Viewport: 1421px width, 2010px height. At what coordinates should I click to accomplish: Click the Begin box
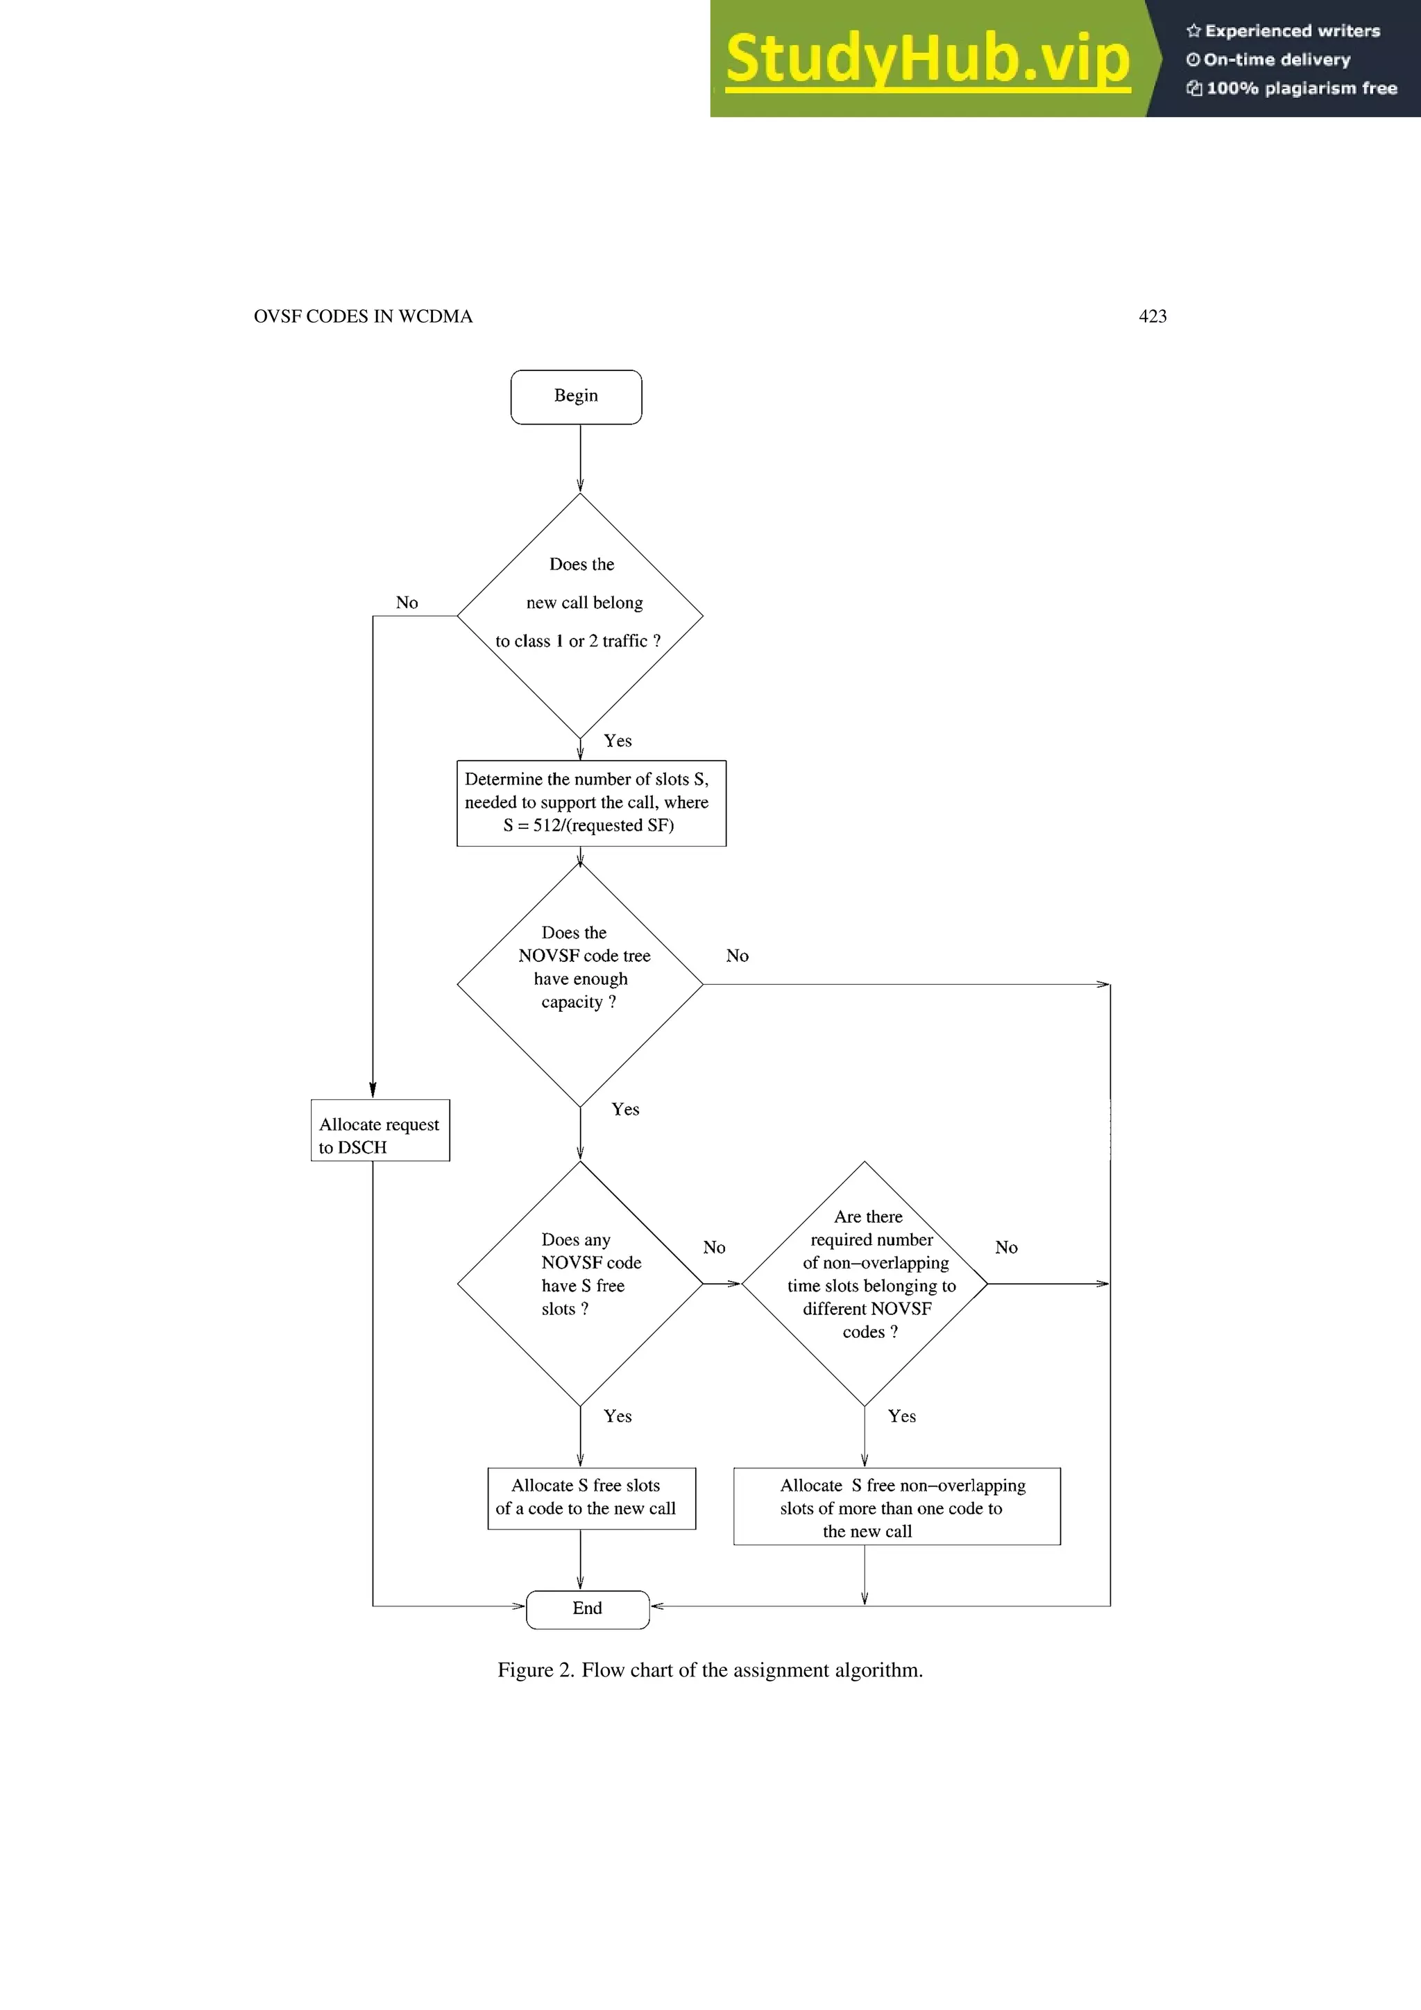click(x=576, y=397)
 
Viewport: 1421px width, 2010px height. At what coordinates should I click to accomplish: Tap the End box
click(x=588, y=1609)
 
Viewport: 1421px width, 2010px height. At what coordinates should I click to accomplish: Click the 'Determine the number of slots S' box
click(x=591, y=802)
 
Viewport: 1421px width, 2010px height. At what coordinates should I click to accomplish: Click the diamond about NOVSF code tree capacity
click(x=579, y=984)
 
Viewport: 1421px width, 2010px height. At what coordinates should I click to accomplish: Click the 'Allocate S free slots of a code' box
click(x=591, y=1498)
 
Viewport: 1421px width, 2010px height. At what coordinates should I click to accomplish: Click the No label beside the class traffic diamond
click(x=407, y=602)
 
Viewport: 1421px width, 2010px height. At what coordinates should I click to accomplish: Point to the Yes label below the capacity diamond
click(x=625, y=1109)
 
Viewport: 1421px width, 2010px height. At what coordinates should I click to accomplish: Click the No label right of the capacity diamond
click(x=737, y=956)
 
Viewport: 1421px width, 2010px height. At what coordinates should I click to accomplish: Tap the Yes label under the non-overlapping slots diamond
click(x=902, y=1416)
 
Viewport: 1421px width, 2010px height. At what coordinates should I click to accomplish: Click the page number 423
click(x=1152, y=316)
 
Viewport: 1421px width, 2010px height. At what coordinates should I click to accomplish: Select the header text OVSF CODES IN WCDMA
click(x=362, y=316)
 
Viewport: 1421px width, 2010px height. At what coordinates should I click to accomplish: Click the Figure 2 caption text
click(x=710, y=1670)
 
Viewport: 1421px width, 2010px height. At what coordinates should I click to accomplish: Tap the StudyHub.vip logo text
click(x=927, y=59)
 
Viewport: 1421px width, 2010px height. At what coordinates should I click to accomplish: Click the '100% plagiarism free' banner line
click(x=1293, y=88)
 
